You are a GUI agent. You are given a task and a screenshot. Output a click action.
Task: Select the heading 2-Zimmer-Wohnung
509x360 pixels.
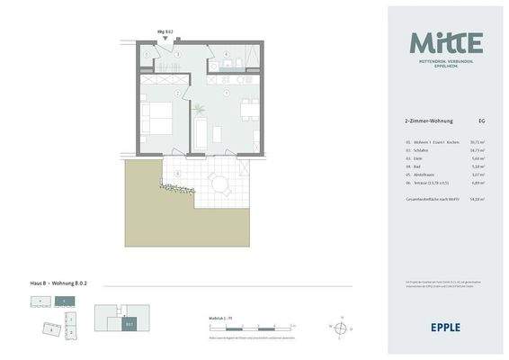pyautogui.click(x=429, y=121)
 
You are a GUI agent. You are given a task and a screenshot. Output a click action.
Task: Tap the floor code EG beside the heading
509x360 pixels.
pyautogui.click(x=483, y=121)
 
